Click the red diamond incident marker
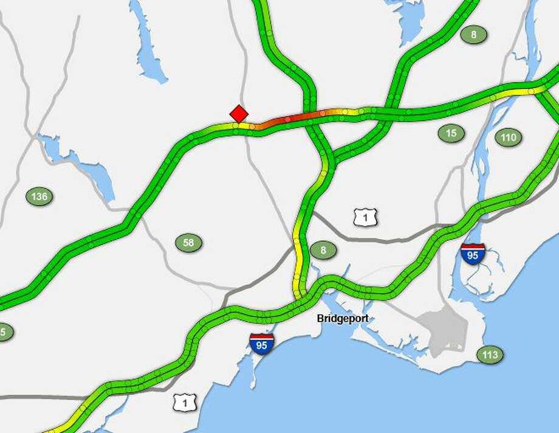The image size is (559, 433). coord(239,114)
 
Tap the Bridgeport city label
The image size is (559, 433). coord(342,319)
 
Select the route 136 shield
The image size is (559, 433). coord(39,196)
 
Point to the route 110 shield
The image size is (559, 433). coord(508,137)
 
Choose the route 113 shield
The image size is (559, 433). coord(490,355)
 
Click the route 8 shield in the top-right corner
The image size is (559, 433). coord(473,35)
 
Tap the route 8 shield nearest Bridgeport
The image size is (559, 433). coord(323,250)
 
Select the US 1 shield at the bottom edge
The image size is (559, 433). coord(182,402)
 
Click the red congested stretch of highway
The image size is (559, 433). coord(292,119)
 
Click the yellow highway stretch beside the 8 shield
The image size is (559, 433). coord(298,255)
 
